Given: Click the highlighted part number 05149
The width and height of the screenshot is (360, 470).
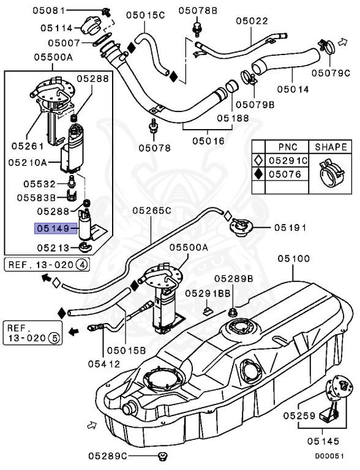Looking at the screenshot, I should tap(53, 229).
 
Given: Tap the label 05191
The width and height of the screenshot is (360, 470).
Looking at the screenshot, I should tap(290, 227).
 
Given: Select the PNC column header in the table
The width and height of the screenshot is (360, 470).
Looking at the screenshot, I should tap(287, 147).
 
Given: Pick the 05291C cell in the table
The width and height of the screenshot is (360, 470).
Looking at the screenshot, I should tap(289, 161).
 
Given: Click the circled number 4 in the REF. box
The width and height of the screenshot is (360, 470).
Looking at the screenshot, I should tap(81, 265).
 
